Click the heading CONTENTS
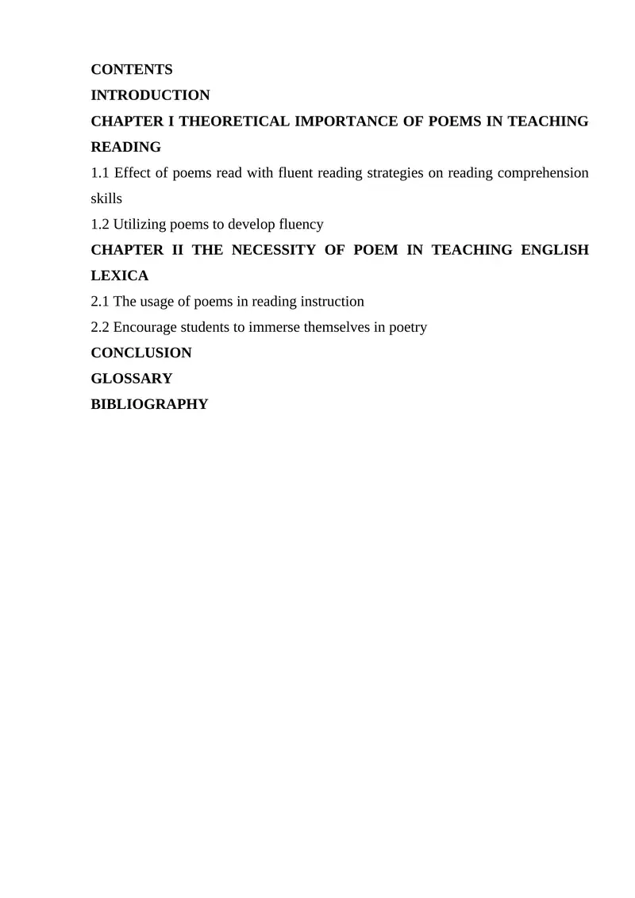click(x=132, y=70)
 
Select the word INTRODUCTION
click(x=151, y=95)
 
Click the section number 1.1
click(x=101, y=173)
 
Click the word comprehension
click(x=544, y=173)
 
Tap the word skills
click(x=107, y=198)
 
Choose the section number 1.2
click(x=101, y=225)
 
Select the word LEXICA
click(x=120, y=276)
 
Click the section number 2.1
click(x=101, y=302)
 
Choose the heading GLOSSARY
click(x=132, y=379)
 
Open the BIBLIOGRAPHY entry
click(x=150, y=404)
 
